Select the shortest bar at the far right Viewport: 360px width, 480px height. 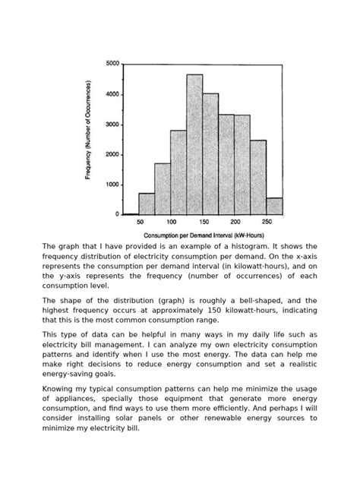tap(274, 206)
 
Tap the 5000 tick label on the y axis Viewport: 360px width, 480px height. tap(112, 64)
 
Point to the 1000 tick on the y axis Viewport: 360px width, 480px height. tap(112, 185)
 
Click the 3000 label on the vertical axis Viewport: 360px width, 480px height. tap(112, 125)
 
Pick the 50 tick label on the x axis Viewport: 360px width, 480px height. tap(140, 222)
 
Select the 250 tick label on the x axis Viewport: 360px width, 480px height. tap(266, 222)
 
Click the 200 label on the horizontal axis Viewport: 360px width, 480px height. tap(235, 222)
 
